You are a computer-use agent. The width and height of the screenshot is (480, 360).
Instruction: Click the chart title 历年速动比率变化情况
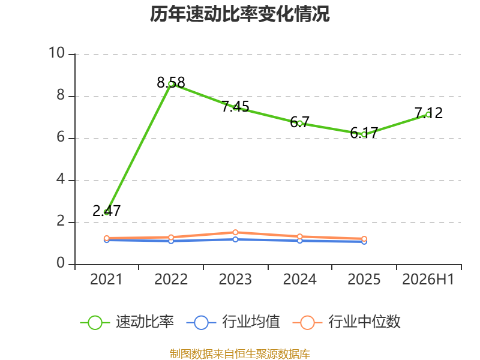(x=239, y=14)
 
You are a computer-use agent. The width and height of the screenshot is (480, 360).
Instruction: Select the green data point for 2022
(x=171, y=84)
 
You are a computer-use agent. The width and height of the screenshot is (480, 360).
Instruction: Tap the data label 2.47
(x=107, y=211)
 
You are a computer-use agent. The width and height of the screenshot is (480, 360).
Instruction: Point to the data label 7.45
(x=235, y=107)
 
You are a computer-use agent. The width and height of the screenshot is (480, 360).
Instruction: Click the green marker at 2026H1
(x=428, y=115)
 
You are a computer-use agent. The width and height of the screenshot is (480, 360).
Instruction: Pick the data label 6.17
(x=364, y=133)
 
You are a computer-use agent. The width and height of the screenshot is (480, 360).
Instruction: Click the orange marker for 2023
(x=235, y=232)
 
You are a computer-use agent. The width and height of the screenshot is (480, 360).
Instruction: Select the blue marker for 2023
(x=235, y=239)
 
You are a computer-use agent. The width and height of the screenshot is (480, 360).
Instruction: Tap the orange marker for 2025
(x=364, y=239)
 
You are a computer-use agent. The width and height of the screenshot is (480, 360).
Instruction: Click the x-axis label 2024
(x=299, y=280)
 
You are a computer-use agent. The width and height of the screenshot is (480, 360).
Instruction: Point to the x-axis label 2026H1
(x=428, y=280)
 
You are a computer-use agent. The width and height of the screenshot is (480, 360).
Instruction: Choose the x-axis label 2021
(x=106, y=280)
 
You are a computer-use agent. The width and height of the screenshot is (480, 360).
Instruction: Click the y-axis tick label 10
(x=57, y=53)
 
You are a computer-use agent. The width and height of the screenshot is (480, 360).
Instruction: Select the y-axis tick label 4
(x=61, y=179)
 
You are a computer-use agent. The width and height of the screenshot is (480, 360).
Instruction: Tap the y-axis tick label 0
(x=61, y=263)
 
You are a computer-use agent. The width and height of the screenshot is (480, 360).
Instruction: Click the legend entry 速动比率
(x=127, y=322)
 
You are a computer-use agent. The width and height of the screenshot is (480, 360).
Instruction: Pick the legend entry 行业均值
(x=233, y=322)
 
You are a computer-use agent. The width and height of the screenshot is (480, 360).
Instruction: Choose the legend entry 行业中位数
(x=347, y=322)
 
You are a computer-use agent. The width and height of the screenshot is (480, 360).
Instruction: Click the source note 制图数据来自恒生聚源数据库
(x=240, y=354)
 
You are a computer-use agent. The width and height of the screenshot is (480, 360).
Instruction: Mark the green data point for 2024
(x=299, y=124)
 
